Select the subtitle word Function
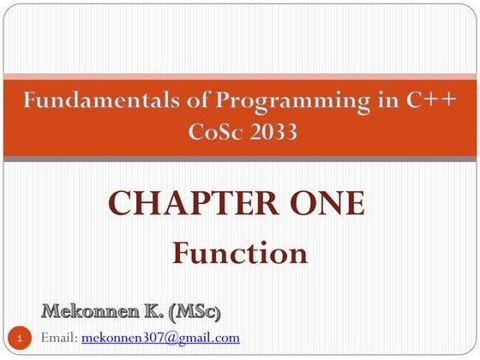[239, 253]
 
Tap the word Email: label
[59, 338]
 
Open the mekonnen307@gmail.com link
[160, 338]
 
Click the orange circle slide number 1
[22, 338]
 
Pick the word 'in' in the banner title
[365, 102]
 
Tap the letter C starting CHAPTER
[120, 204]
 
